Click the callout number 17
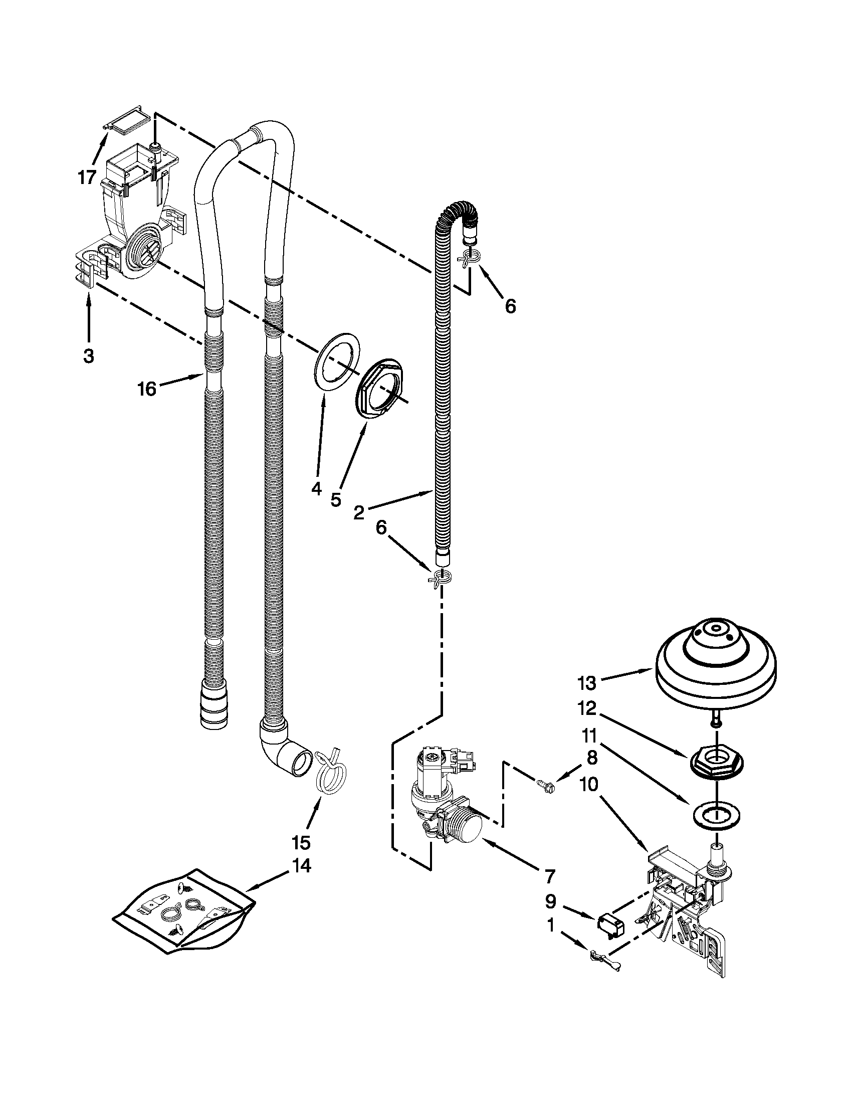pyautogui.click(x=87, y=177)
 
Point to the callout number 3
pyautogui.click(x=88, y=356)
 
